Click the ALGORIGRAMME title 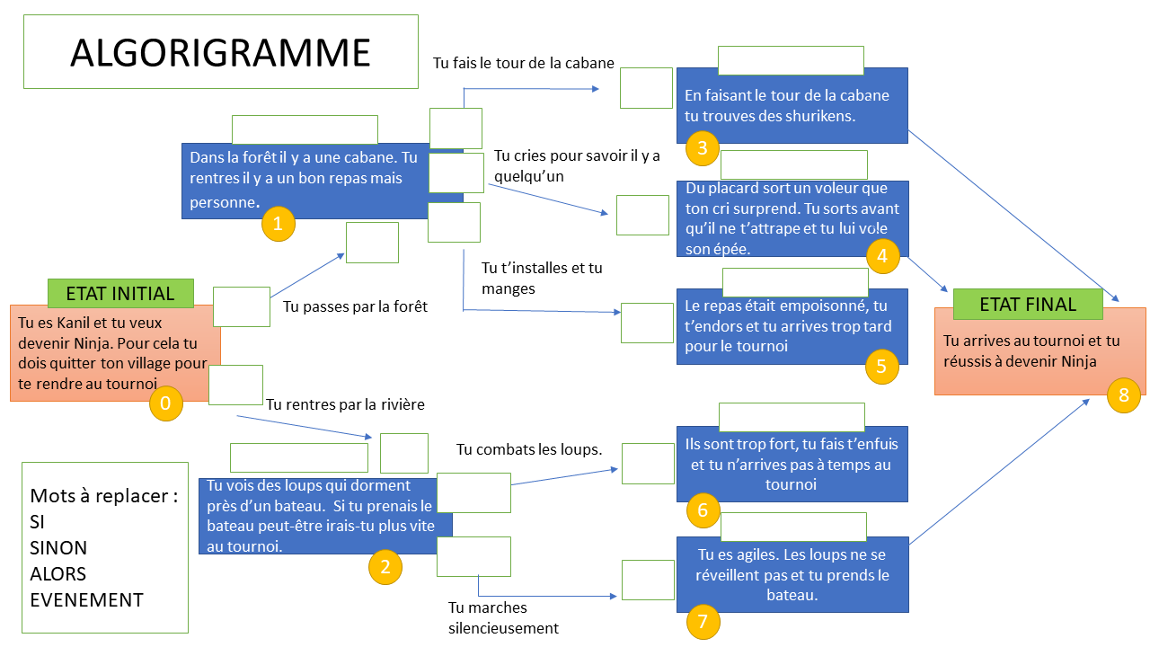pyautogui.click(x=220, y=53)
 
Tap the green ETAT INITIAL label pyautogui.click(x=120, y=293)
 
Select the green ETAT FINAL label pyautogui.click(x=1027, y=304)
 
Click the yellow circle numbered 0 pyautogui.click(x=165, y=403)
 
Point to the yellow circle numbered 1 pyautogui.click(x=278, y=224)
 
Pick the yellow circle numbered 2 pyautogui.click(x=385, y=566)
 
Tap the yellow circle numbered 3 pyautogui.click(x=703, y=148)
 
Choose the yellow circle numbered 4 pyautogui.click(x=882, y=256)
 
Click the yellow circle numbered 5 pyautogui.click(x=881, y=366)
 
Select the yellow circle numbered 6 pyautogui.click(x=703, y=510)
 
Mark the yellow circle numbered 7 pyautogui.click(x=703, y=620)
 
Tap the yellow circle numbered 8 pyautogui.click(x=1123, y=394)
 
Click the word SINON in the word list pyautogui.click(x=58, y=547)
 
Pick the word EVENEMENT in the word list pyautogui.click(x=86, y=600)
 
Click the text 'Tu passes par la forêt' pyautogui.click(x=355, y=306)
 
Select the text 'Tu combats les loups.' pyautogui.click(x=529, y=449)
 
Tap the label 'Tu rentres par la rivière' pyautogui.click(x=345, y=404)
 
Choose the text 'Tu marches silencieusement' pyautogui.click(x=503, y=618)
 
